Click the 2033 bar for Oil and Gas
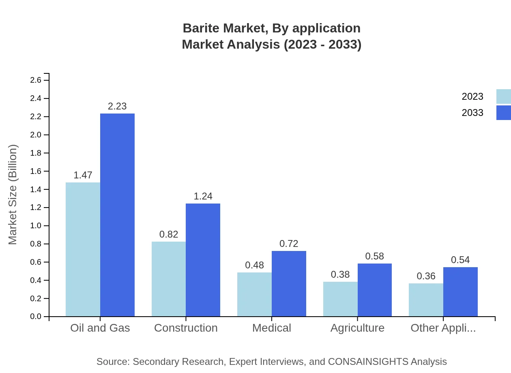pyautogui.click(x=117, y=215)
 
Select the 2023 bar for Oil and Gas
pyautogui.click(x=83, y=249)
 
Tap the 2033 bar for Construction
pyautogui.click(x=203, y=260)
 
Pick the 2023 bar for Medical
pyautogui.click(x=254, y=294)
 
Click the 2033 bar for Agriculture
pyautogui.click(x=375, y=290)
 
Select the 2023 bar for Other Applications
pyautogui.click(x=426, y=300)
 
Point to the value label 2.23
pyautogui.click(x=117, y=106)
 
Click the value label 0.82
pyautogui.click(x=169, y=234)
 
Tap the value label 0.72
pyautogui.click(x=289, y=244)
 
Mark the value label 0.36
pyautogui.click(x=426, y=276)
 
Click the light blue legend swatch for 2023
pyautogui.click(x=503, y=96)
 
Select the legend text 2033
pyautogui.click(x=472, y=113)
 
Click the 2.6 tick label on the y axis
pyautogui.click(x=36, y=80)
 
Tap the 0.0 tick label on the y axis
pyautogui.click(x=36, y=317)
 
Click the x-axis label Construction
pyautogui.click(x=186, y=328)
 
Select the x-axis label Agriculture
pyautogui.click(x=357, y=328)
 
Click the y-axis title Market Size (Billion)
pyautogui.click(x=13, y=195)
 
